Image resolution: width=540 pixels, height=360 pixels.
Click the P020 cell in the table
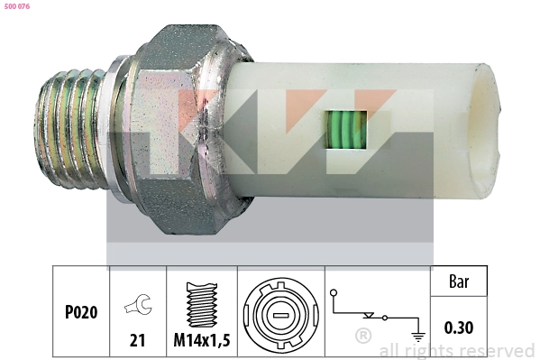pos(80,313)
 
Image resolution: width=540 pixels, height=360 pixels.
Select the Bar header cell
pos(460,282)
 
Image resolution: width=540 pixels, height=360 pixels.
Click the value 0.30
pos(460,328)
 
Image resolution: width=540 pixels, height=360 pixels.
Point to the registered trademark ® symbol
pos(362,336)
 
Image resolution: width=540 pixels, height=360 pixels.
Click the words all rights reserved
pos(456,350)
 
